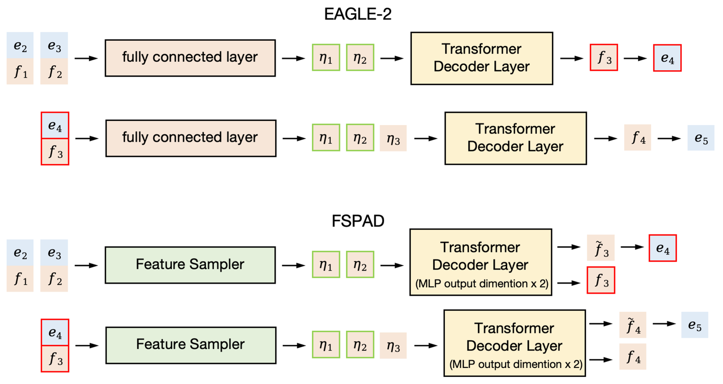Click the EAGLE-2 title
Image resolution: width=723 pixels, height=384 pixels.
(357, 14)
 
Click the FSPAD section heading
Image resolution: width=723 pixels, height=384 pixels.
(358, 221)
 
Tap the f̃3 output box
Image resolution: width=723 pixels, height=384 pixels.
(601, 247)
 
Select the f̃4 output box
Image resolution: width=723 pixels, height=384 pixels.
(633, 325)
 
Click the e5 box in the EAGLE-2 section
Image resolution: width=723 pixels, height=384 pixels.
(701, 138)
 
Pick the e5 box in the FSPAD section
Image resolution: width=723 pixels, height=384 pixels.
(695, 325)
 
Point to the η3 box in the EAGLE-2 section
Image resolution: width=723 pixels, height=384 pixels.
(393, 138)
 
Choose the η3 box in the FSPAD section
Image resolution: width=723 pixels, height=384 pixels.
(393, 345)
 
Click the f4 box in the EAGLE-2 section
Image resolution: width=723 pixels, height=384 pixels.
(638, 138)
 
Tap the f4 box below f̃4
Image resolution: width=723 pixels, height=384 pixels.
(633, 357)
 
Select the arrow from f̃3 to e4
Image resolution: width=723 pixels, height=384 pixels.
(632, 247)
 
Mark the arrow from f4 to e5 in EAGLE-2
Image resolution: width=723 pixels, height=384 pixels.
(669, 138)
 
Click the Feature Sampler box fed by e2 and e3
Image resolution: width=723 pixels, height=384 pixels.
(190, 265)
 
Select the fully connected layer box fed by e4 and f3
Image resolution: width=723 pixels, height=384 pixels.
(190, 138)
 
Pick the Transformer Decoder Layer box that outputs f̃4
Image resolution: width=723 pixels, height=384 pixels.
(514, 343)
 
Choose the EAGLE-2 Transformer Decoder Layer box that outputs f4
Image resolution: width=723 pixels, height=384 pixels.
(516, 138)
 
